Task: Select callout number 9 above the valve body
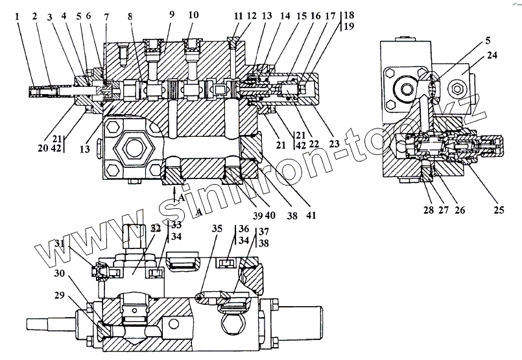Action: pyautogui.click(x=172, y=14)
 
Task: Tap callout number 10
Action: pyautogui.click(x=194, y=14)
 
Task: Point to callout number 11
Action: pyautogui.click(x=238, y=14)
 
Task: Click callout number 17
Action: pyautogui.click(x=331, y=14)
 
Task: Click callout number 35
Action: pyautogui.click(x=216, y=229)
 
